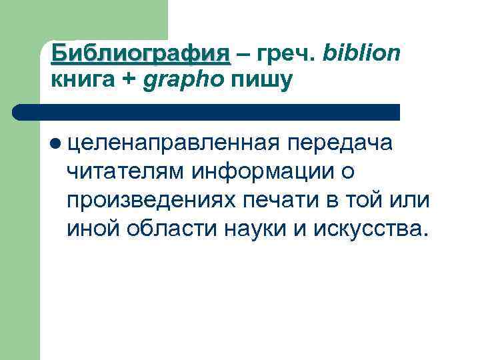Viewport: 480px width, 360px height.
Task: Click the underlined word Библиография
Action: click(141, 54)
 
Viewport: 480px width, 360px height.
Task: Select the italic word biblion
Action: click(361, 54)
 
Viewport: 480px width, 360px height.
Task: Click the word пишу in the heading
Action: click(262, 81)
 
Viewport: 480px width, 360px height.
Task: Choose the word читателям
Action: click(126, 172)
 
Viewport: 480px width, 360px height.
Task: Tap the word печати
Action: click(276, 201)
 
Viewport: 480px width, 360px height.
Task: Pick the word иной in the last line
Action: click(91, 229)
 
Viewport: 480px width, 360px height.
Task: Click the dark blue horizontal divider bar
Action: click(207, 112)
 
